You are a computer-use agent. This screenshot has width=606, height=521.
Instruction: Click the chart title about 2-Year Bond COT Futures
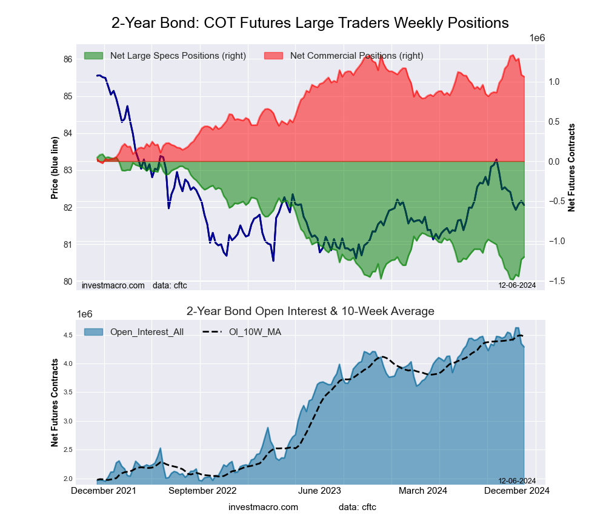pyautogui.click(x=310, y=23)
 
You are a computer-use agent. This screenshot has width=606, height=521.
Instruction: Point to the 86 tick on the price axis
pyautogui.click(x=68, y=59)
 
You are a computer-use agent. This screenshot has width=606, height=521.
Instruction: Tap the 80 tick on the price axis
pyautogui.click(x=68, y=282)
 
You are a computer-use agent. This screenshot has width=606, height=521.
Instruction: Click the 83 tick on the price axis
pyautogui.click(x=68, y=171)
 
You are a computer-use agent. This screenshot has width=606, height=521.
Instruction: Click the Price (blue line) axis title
pyautogui.click(x=55, y=168)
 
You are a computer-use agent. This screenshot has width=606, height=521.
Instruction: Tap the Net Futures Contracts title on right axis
pyautogui.click(x=571, y=167)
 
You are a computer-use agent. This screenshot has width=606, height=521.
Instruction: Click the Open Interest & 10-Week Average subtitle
pyautogui.click(x=310, y=311)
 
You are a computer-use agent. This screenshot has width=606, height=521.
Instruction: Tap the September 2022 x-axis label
pyautogui.click(x=202, y=491)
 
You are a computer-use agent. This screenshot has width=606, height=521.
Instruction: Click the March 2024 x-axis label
pyautogui.click(x=422, y=491)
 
